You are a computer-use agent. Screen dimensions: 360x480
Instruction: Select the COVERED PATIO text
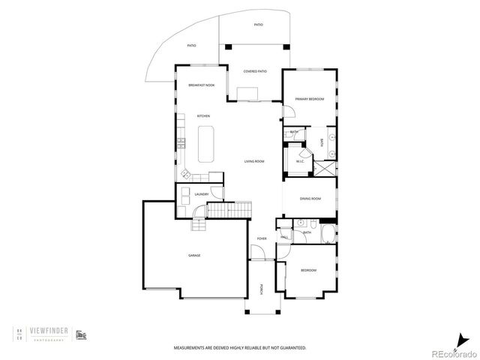[x=255, y=71]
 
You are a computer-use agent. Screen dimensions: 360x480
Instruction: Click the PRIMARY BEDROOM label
[x=309, y=98]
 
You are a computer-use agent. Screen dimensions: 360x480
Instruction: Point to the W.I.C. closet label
[x=299, y=160]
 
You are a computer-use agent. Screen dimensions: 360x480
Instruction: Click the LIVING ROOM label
[x=254, y=161]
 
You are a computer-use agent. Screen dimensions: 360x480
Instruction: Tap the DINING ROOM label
[x=310, y=199]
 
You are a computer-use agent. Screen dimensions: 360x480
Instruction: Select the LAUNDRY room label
[x=200, y=195]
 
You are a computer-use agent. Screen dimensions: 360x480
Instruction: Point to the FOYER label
[x=262, y=238]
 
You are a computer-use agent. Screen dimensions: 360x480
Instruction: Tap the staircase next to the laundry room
[x=227, y=211]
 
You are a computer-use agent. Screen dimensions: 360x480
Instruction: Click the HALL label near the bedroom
[x=284, y=237]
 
